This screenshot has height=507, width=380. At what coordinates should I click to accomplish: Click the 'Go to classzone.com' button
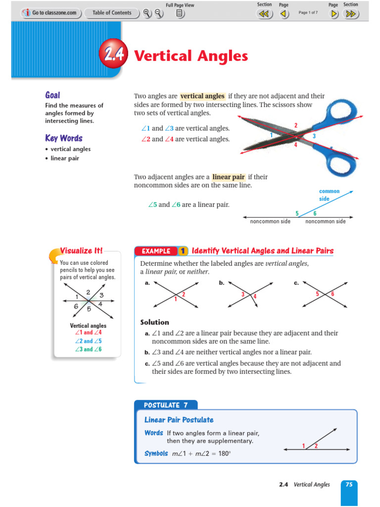pyautogui.click(x=50, y=13)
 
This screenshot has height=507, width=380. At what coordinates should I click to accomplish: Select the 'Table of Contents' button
pyautogui.click(x=112, y=13)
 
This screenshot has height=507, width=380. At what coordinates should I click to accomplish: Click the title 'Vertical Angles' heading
pyautogui.click(x=191, y=56)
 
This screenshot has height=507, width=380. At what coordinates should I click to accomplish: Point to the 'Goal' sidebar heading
pyautogui.click(x=52, y=95)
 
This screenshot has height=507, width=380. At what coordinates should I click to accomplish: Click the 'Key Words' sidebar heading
pyautogui.click(x=64, y=138)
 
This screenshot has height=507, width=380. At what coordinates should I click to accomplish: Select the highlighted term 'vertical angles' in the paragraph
pyautogui.click(x=202, y=96)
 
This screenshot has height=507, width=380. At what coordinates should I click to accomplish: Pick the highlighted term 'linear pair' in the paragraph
pyautogui.click(x=228, y=177)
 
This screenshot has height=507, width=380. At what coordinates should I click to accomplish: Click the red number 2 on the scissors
pyautogui.click(x=296, y=126)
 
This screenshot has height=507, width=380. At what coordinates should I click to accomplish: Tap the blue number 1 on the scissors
pyautogui.click(x=271, y=135)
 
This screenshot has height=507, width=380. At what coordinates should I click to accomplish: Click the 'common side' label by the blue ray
pyautogui.click(x=329, y=195)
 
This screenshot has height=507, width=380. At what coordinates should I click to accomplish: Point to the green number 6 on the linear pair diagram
pyautogui.click(x=315, y=213)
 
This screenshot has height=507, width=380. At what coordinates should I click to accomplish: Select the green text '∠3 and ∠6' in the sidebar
pyautogui.click(x=88, y=349)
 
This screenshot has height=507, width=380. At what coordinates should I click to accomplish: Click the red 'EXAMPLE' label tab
pyautogui.click(x=156, y=251)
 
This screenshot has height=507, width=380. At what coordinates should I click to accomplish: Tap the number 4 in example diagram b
pyautogui.click(x=255, y=297)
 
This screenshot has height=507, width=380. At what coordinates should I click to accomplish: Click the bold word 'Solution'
pyautogui.click(x=154, y=322)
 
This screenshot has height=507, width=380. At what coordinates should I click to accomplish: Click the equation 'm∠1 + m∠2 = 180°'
pyautogui.click(x=201, y=453)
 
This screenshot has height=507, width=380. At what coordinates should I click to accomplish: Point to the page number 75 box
pyautogui.click(x=349, y=485)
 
